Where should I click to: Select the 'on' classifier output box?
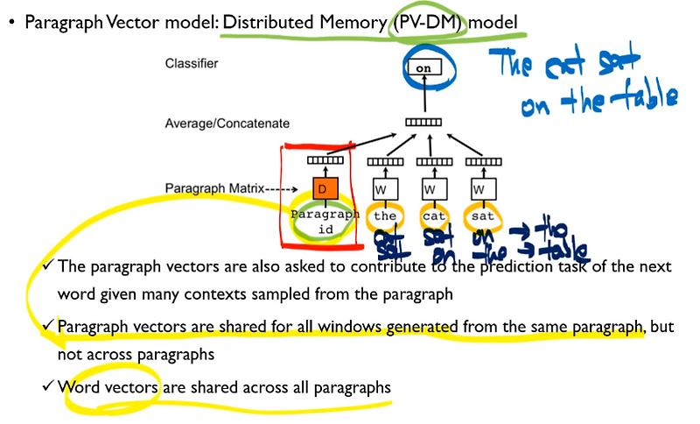[x=424, y=67]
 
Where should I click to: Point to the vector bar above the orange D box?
[x=323, y=161]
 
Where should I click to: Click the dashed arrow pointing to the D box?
[x=286, y=187]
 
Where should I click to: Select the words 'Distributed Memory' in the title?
[x=303, y=22]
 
